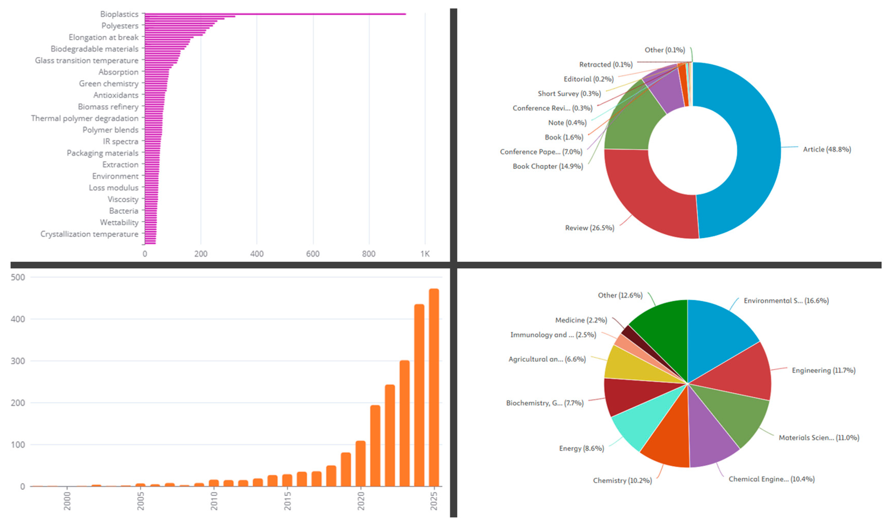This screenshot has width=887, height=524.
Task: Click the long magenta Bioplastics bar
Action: point(276,14)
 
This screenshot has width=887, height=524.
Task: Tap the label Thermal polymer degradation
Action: point(85,118)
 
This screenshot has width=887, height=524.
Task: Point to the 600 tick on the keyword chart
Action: point(313,254)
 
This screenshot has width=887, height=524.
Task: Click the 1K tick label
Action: point(425,254)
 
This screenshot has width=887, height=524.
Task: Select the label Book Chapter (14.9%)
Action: point(548,166)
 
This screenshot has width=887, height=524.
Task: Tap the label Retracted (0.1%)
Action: point(606,65)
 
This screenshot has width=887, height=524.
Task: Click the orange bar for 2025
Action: point(434,388)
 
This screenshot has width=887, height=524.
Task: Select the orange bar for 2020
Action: point(360,464)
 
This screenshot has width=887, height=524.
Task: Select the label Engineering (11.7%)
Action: point(823,370)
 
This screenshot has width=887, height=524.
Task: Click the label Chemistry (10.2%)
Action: point(622,480)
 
